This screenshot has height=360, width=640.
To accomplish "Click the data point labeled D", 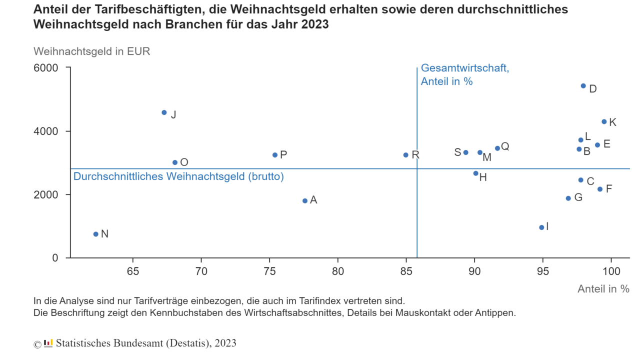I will pos(583,86).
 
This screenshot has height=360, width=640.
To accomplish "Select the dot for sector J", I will pos(164,112).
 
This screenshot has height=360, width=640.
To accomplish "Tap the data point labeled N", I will pos(96,234).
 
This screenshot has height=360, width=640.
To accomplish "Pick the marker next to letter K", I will pos(604,121).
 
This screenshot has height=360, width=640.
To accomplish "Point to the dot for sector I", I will pos(541,227).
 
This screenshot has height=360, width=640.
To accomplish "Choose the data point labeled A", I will pos(305,200).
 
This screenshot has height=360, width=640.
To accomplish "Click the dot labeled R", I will pos(406,155).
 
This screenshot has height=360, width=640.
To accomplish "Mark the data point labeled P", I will pos(275,155).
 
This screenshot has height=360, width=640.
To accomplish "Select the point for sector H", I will pos(476,173).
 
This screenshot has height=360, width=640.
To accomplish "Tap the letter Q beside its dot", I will pos(505,146).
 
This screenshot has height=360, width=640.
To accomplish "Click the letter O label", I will pos(184,162).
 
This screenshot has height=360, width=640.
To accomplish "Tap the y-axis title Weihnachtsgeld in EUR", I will pos(91,51).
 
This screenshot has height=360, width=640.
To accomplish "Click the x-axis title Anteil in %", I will pos(603,289).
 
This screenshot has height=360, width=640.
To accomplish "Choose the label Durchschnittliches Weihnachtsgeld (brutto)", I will pos(178,176).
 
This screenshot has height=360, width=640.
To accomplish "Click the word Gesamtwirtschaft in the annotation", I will pos(464,68).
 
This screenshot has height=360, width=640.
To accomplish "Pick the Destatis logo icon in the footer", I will pos(48,343).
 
